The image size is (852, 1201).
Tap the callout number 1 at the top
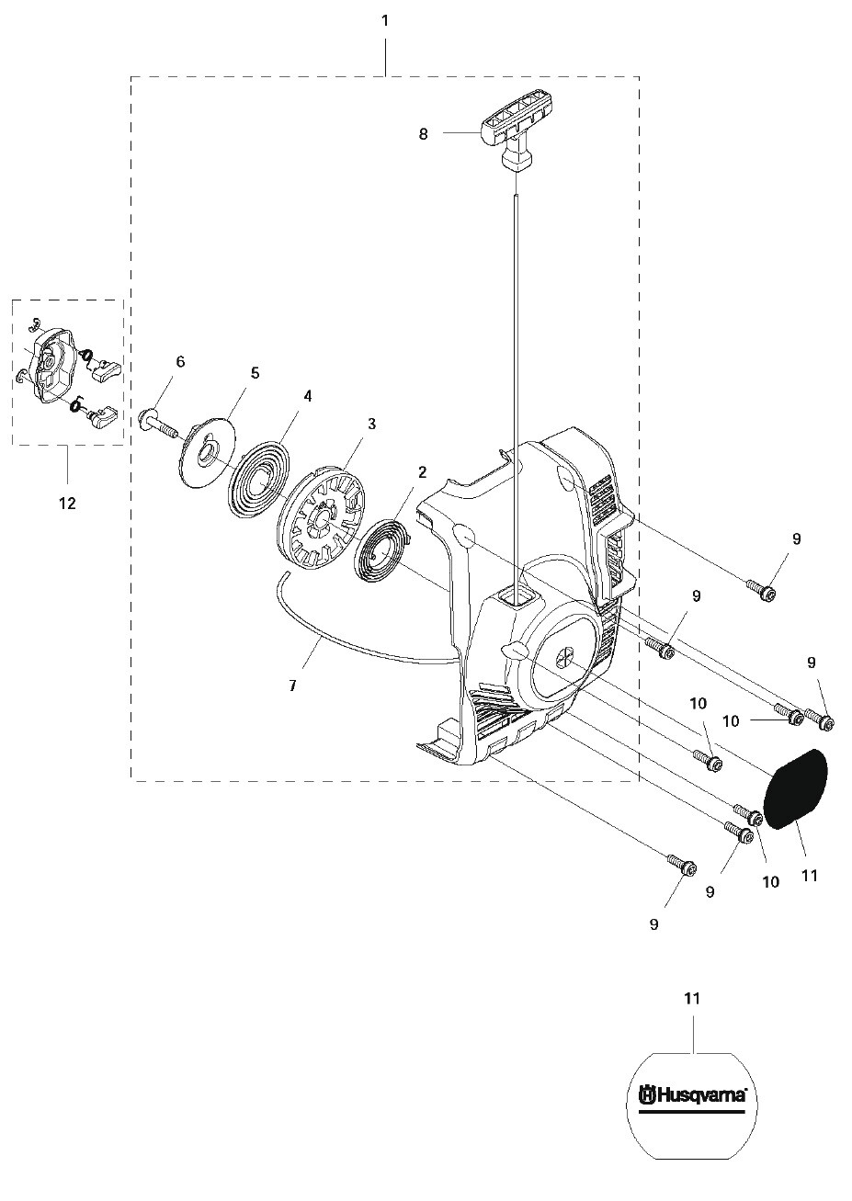click(384, 21)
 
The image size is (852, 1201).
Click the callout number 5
click(255, 373)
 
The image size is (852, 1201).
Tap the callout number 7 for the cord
click(293, 685)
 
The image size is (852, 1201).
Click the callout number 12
click(68, 503)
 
